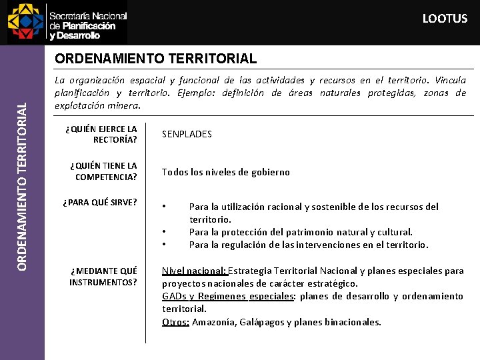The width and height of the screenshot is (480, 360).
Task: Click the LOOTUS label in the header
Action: coord(445,19)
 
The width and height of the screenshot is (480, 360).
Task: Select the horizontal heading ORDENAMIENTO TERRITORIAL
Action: coord(155,59)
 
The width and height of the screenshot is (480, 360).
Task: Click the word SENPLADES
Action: coord(187,134)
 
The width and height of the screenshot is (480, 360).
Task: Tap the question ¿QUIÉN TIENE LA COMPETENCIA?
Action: coord(106,171)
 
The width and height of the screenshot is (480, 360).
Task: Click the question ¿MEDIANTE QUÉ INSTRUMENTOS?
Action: coord(103,276)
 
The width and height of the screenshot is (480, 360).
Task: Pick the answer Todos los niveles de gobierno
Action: coord(226,172)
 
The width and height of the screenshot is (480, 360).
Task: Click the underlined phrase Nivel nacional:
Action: coord(195,271)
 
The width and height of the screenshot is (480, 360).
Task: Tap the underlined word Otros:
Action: coord(176,322)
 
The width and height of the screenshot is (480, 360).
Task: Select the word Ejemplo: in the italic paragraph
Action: coord(197,93)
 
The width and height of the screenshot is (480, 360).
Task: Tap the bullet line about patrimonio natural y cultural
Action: coord(301,232)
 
